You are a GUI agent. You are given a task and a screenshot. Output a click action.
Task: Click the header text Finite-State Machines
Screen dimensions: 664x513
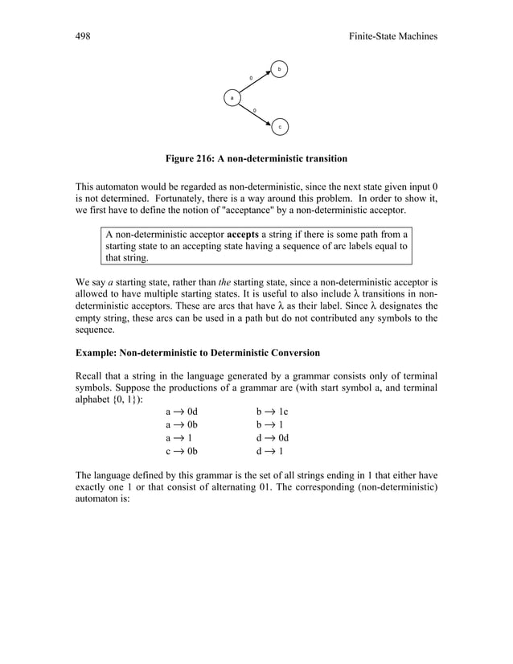point(388,37)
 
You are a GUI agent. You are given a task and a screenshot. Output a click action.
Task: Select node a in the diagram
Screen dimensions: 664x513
point(232,98)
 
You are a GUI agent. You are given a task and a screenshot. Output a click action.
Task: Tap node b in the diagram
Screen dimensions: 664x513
point(279,70)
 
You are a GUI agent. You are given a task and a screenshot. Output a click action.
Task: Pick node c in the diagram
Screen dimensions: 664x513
point(280,127)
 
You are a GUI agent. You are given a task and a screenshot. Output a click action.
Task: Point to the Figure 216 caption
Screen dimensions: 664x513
point(256,158)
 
